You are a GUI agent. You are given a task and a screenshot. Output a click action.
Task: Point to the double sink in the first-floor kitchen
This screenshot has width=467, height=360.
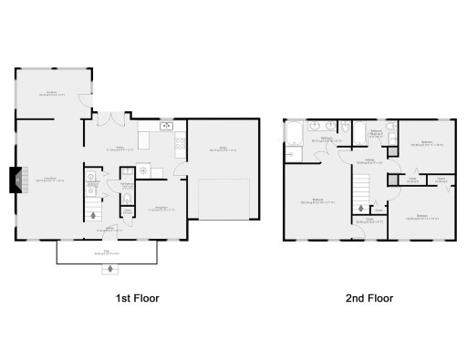click(x=166, y=126)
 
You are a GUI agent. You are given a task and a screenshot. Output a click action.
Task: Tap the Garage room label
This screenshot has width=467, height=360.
click(x=223, y=149)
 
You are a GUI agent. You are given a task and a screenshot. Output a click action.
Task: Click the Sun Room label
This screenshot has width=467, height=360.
click(x=54, y=93)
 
